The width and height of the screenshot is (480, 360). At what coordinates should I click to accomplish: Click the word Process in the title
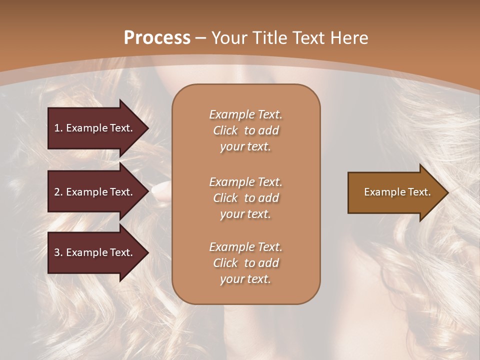157,38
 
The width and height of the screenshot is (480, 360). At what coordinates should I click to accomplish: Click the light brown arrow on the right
395,192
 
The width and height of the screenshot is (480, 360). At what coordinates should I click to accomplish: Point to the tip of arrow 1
147,128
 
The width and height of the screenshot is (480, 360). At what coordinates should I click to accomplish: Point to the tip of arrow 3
147,252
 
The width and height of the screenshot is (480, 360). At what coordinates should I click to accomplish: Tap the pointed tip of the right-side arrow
447,192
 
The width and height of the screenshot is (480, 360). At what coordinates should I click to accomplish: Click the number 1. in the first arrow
58,128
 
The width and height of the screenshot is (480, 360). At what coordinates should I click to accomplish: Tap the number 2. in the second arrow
58,192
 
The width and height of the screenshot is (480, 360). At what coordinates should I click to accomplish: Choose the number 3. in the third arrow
58,252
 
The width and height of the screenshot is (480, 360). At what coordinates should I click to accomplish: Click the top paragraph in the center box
245,130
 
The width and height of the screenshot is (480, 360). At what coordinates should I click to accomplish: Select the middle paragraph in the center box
245,198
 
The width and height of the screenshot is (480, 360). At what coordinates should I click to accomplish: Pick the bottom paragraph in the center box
245,263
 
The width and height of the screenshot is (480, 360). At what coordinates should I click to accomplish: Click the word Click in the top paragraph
225,130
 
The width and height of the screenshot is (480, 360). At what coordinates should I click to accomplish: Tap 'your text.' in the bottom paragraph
245,279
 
